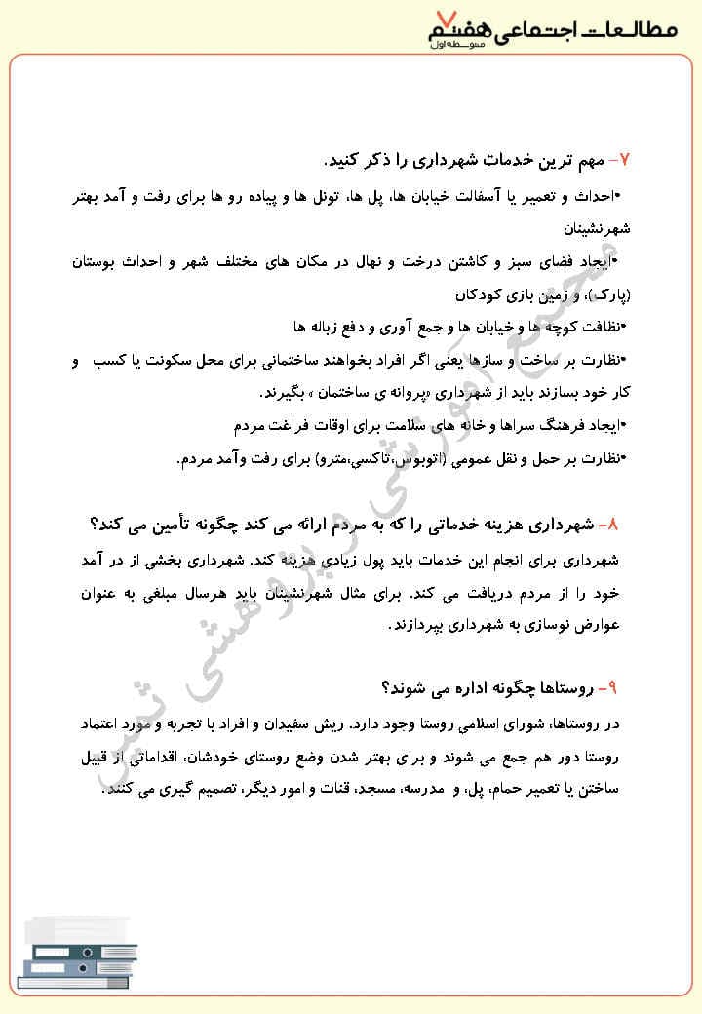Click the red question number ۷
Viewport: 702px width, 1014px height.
coord(625,159)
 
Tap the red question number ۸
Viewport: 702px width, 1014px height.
coord(610,525)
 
